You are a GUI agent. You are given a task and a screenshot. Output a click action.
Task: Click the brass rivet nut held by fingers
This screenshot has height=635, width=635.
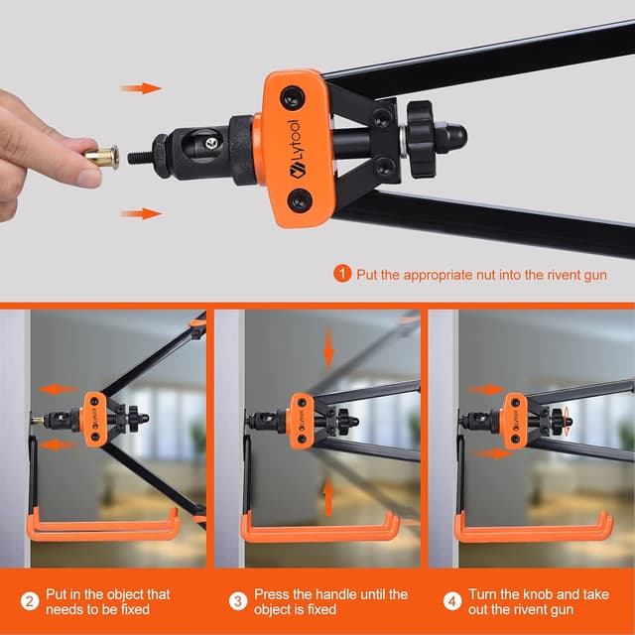point(102,157)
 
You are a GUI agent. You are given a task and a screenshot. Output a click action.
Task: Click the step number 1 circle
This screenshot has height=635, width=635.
point(342,274)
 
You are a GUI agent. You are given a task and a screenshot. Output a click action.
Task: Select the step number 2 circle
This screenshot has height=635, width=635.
point(30,601)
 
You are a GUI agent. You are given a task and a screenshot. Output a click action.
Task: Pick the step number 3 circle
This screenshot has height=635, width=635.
point(238,601)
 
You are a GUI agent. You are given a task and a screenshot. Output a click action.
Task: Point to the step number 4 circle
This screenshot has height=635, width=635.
point(452,601)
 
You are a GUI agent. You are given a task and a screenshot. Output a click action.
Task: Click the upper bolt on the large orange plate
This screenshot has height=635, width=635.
point(293,98)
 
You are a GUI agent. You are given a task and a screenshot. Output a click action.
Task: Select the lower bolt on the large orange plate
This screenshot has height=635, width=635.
point(300,200)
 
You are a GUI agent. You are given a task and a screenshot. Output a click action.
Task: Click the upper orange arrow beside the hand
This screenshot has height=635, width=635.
point(141,88)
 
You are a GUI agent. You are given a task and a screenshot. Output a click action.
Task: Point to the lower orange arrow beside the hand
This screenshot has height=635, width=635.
point(141,214)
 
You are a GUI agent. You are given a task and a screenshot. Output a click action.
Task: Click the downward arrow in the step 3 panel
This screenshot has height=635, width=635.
point(328,348)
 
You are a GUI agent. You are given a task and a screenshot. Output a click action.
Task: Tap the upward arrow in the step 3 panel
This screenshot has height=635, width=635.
point(328,496)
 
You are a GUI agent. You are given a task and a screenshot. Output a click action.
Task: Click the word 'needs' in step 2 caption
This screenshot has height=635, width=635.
point(63,609)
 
